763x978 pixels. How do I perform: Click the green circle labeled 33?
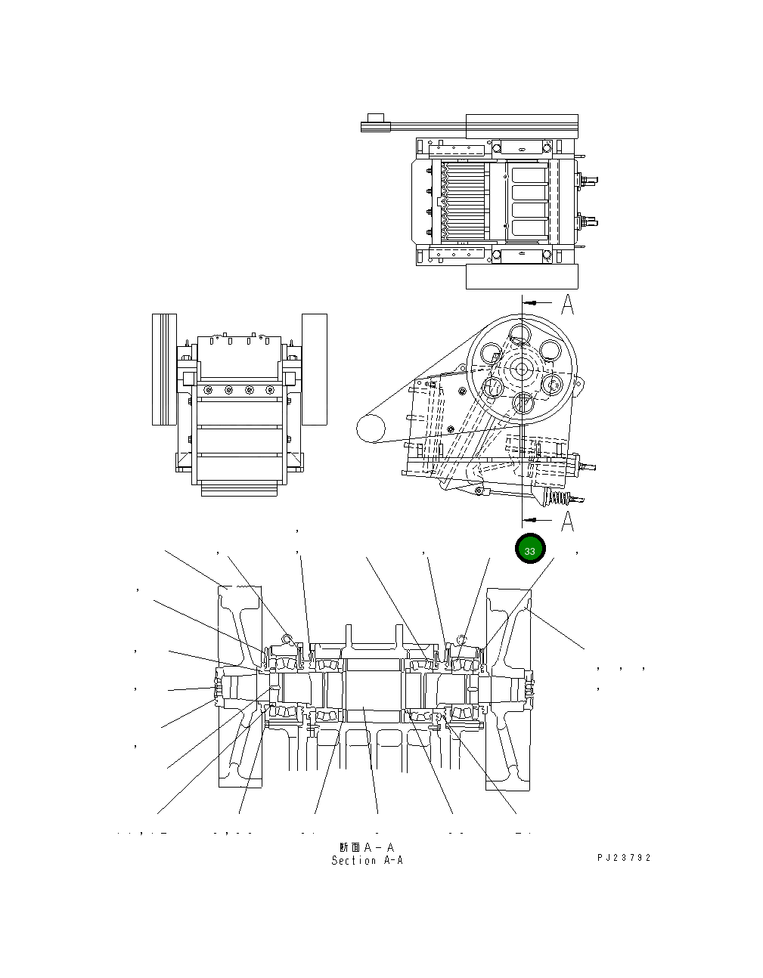click(529, 550)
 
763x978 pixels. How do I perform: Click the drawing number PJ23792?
click(623, 858)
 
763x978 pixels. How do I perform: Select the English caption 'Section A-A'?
click(367, 861)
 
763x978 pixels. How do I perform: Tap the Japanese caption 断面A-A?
click(367, 847)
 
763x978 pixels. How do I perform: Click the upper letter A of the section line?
click(567, 305)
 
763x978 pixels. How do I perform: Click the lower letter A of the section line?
click(567, 521)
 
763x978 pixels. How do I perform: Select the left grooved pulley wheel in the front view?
click(164, 369)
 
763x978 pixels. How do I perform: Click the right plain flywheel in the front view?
click(314, 369)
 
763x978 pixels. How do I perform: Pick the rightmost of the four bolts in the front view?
click(269, 390)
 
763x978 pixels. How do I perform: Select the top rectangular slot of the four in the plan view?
click(529, 175)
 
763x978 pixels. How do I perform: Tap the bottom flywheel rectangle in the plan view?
click(521, 277)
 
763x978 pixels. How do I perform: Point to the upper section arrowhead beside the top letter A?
click(531, 302)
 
